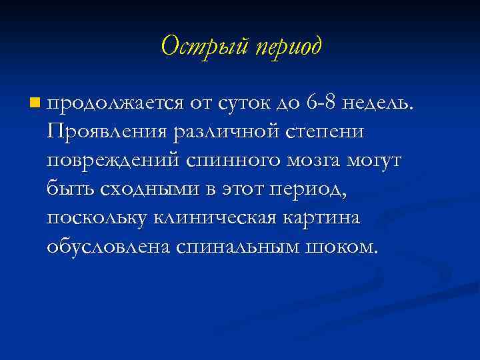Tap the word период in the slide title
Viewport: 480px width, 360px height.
pyautogui.click(x=287, y=47)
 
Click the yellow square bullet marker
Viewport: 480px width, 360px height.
pyautogui.click(x=35, y=103)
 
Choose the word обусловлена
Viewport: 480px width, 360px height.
pyautogui.click(x=109, y=247)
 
